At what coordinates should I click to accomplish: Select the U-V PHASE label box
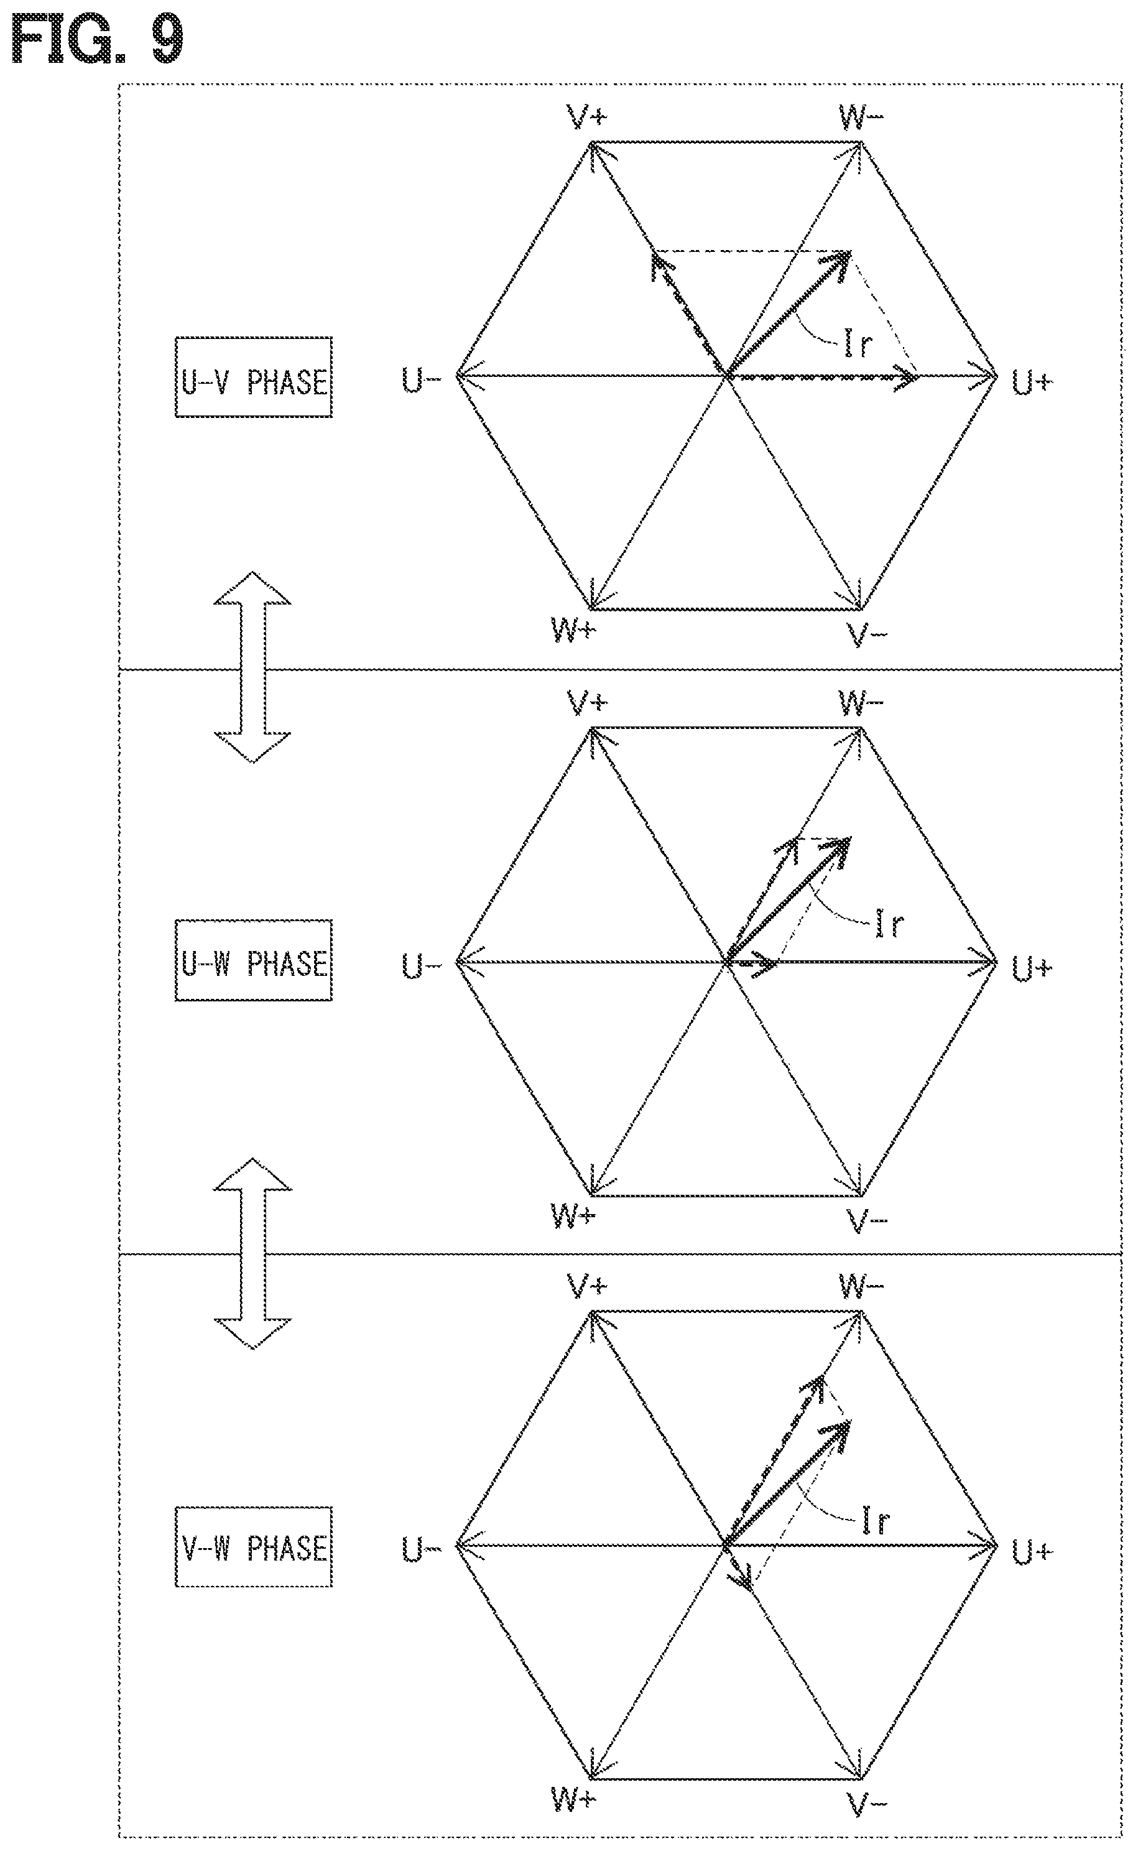(x=254, y=377)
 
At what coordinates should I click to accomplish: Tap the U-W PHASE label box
(x=254, y=960)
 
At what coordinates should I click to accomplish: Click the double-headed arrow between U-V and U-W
(x=252, y=667)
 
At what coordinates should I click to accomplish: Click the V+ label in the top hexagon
(x=587, y=118)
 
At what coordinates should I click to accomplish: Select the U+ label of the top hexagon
(x=1032, y=383)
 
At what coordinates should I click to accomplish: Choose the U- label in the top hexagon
(x=421, y=381)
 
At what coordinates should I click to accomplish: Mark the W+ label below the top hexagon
(x=573, y=630)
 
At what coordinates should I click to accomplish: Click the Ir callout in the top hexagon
(x=858, y=343)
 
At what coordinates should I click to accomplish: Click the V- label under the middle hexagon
(x=867, y=1221)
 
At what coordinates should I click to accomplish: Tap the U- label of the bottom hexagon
(x=421, y=1551)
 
